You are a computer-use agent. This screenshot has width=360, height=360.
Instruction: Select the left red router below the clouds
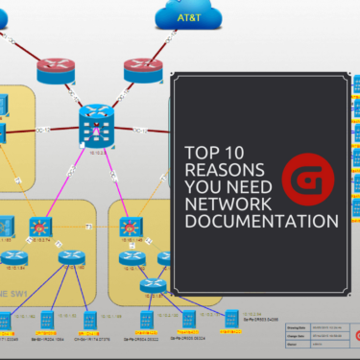56,69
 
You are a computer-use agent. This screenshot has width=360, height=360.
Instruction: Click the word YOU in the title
204,186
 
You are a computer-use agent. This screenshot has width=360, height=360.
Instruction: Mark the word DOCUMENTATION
262,222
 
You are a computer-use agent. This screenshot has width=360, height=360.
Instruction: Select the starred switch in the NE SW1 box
38,228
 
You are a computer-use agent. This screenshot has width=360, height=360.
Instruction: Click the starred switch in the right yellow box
128,229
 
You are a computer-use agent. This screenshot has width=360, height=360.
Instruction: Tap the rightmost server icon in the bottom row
232,318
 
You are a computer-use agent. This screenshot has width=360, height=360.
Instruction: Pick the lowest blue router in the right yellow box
148,284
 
